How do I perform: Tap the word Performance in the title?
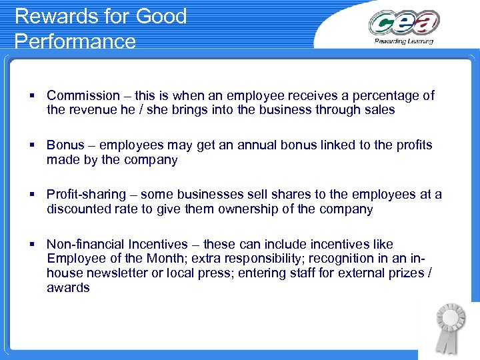click(x=75, y=41)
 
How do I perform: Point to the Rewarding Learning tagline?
click(x=403, y=41)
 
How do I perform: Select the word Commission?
click(x=83, y=95)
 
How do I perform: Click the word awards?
click(x=68, y=288)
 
